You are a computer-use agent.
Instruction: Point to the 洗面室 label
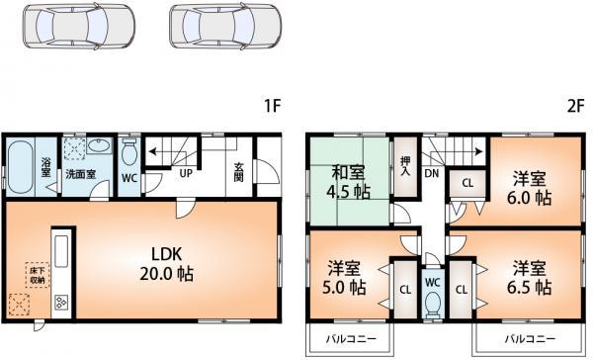[80, 173]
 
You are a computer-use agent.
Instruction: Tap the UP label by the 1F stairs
[185, 173]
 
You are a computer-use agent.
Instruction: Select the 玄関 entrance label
[238, 170]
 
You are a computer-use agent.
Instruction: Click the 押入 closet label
[405, 165]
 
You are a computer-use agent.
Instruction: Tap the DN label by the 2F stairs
[432, 173]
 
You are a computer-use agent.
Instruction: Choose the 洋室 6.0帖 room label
[531, 188]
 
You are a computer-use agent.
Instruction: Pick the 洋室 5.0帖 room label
[347, 279]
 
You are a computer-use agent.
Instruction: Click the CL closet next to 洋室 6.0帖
[466, 183]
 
